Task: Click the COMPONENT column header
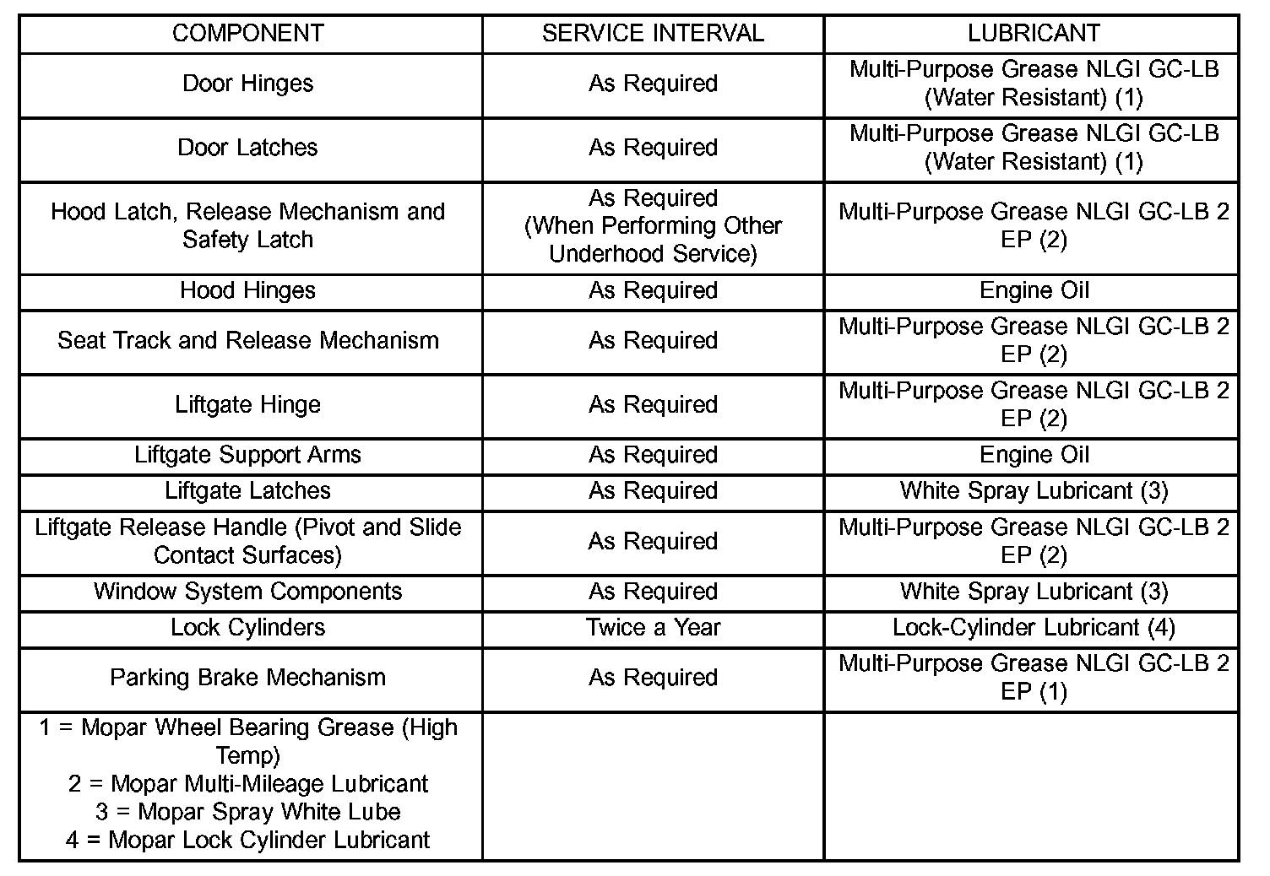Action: coord(247,34)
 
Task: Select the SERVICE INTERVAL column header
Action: coord(653,34)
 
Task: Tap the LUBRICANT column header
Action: coord(1034,34)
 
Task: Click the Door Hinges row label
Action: coord(247,84)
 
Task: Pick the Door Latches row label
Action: coord(247,148)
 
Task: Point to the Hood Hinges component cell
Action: coord(247,291)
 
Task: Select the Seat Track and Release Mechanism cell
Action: coord(247,341)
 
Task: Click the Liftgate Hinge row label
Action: coord(247,405)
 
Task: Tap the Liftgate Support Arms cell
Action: coord(247,455)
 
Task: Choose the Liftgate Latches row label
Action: coord(247,491)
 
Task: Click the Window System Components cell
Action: coord(247,592)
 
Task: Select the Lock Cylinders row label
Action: coord(247,628)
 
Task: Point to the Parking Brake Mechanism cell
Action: coord(247,678)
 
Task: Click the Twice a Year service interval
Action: coord(653,628)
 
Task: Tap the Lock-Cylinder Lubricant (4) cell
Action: coord(1034,628)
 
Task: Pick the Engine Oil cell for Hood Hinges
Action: coord(1034,291)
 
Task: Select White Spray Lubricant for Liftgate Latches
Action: coord(1034,491)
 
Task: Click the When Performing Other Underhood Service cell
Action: coord(653,226)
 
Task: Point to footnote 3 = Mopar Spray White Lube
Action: coord(247,812)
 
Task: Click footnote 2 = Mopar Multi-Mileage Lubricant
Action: coord(247,784)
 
